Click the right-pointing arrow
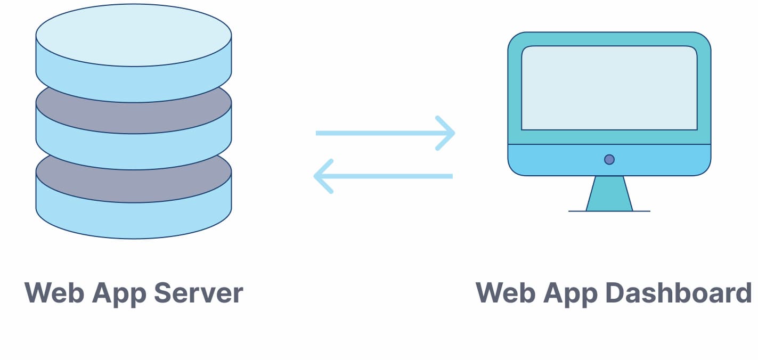point(384,133)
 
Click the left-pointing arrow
point(384,176)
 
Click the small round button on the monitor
point(609,159)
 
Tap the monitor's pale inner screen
point(609,88)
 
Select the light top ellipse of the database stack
point(133,35)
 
